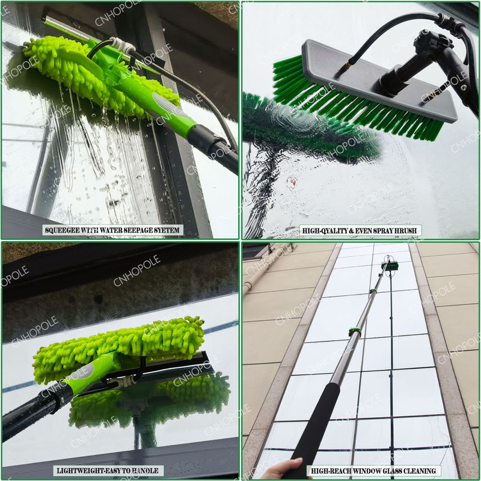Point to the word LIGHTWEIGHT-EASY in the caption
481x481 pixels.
pyautogui.click(x=85, y=471)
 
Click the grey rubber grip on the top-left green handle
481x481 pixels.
pyautogui.click(x=168, y=106)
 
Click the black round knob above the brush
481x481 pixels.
pyautogui.click(x=432, y=41)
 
